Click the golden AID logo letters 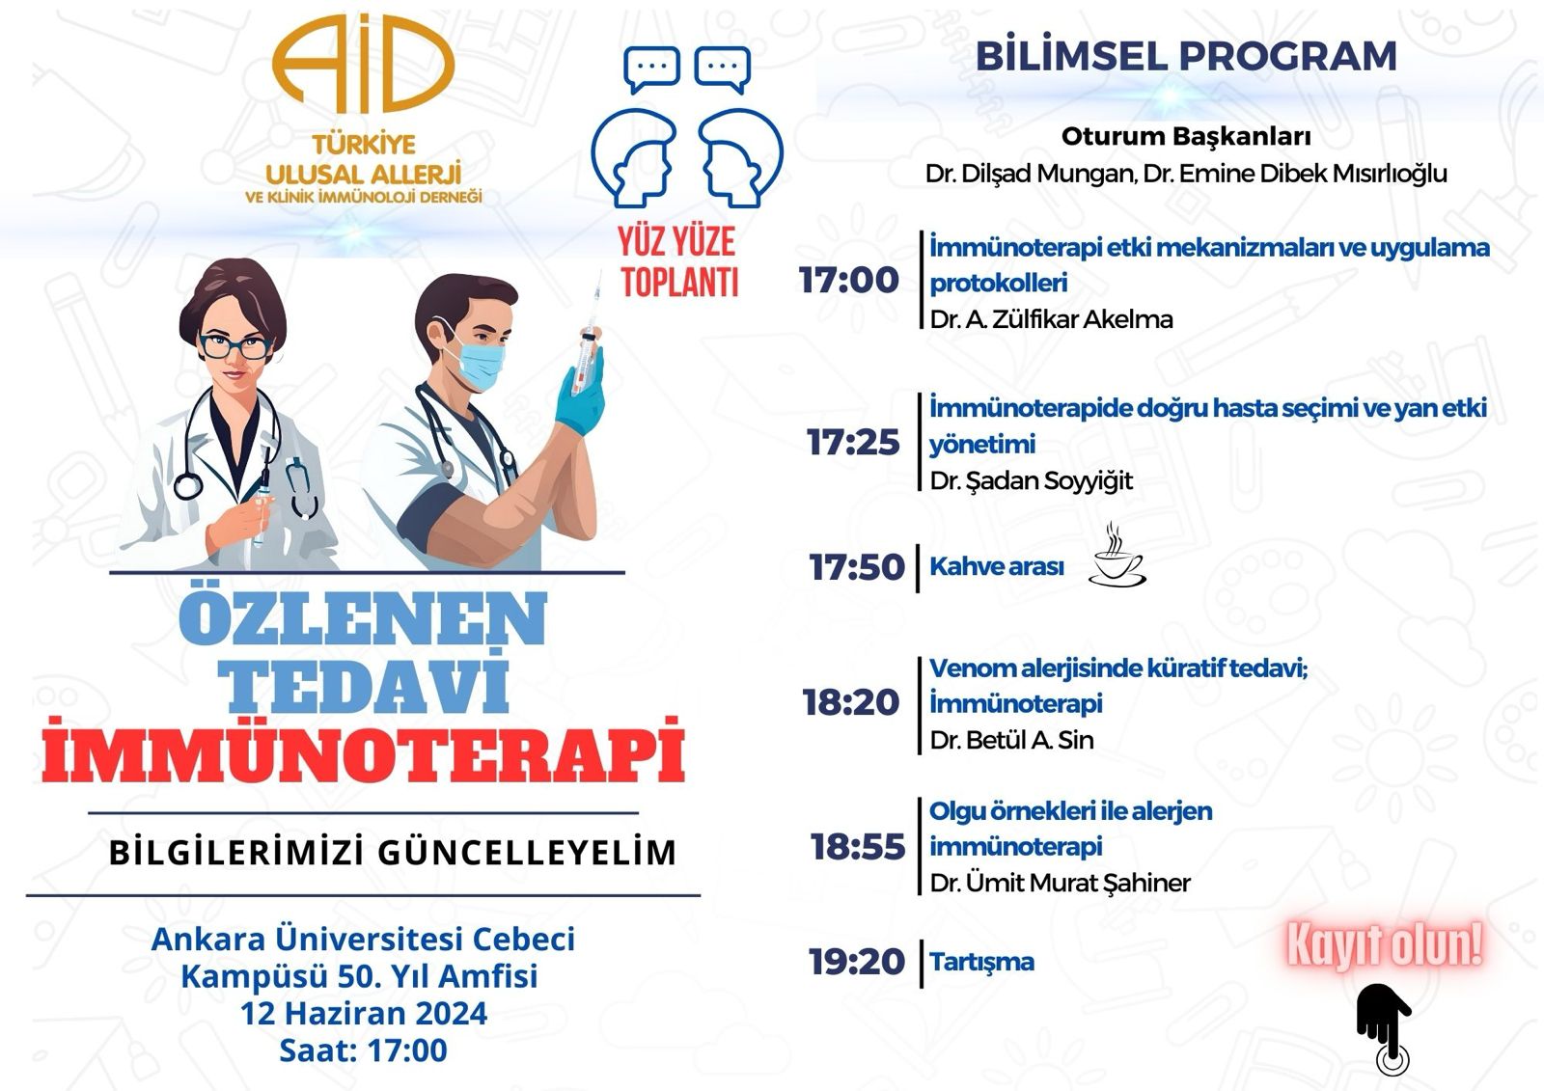click(x=363, y=64)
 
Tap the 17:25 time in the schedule click(x=853, y=443)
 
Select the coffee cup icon click(x=1117, y=557)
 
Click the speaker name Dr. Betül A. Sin click(x=1011, y=740)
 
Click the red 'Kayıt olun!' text click(x=1384, y=945)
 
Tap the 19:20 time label click(x=856, y=962)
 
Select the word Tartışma click(x=981, y=962)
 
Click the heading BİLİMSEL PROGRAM click(x=1186, y=56)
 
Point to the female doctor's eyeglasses click(x=235, y=346)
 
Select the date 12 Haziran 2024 click(x=363, y=1013)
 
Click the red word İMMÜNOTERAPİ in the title click(x=363, y=750)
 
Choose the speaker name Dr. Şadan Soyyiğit click(x=1031, y=481)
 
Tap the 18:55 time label click(x=857, y=846)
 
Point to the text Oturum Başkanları click(x=1186, y=137)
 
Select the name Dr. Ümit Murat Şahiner click(x=1061, y=883)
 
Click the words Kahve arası click(x=996, y=566)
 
